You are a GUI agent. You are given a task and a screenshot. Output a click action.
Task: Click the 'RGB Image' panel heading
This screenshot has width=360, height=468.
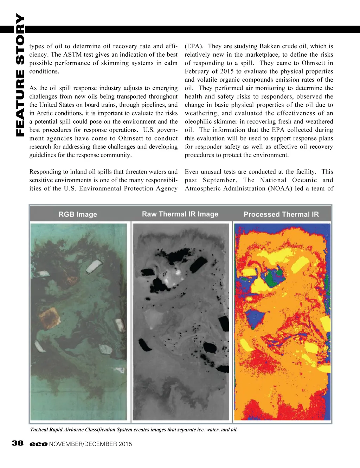pos(78,214)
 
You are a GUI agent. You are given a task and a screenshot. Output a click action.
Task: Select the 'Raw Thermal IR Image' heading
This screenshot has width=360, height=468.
pos(180,214)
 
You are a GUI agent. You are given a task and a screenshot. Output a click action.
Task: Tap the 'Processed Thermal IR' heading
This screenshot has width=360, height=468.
pos(281,214)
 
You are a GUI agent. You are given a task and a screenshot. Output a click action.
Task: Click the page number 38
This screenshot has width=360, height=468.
pos(18,443)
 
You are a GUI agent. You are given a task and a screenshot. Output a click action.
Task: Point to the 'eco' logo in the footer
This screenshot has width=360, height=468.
pos(38,444)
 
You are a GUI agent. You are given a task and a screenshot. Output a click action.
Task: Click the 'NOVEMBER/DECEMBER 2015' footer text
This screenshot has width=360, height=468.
pos(91,444)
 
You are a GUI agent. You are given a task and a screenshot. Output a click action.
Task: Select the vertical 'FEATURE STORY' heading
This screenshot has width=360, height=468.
pos(20,75)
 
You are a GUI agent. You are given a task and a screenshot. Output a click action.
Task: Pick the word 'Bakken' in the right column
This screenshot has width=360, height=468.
pos(270,46)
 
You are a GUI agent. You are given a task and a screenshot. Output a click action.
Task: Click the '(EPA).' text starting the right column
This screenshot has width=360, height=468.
pos(194,46)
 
